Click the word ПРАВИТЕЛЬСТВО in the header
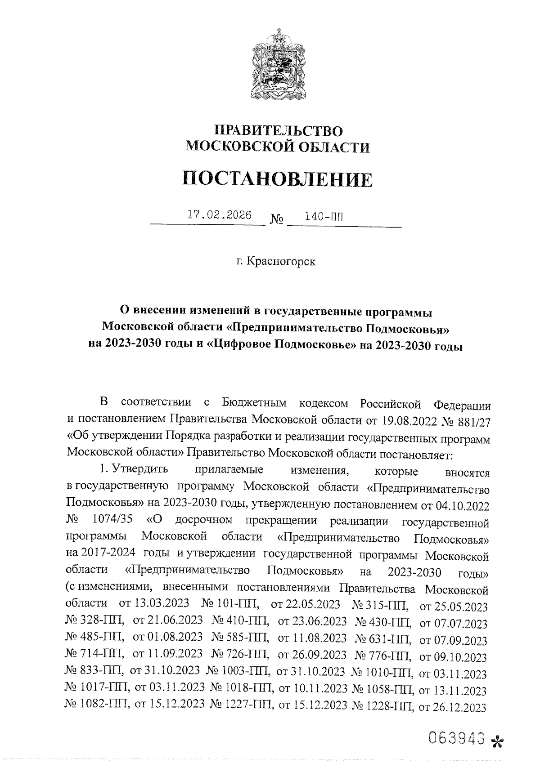click(278, 131)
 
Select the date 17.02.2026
click(219, 215)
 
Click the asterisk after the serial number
click(497, 740)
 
